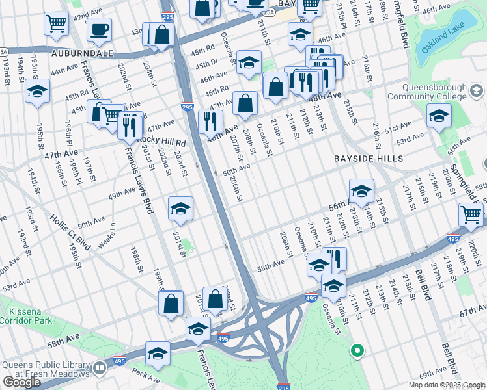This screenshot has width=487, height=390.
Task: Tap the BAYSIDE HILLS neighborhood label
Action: coord(369,159)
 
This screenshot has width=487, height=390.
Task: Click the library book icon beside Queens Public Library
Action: coord(100,369)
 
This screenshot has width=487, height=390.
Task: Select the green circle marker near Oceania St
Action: coord(356,351)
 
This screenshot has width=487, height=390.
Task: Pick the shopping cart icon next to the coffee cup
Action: coord(57,24)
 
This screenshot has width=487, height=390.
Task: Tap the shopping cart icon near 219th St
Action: coord(471,214)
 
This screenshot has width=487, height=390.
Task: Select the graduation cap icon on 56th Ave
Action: coord(361,190)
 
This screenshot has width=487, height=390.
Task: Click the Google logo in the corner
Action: coord(22,382)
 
